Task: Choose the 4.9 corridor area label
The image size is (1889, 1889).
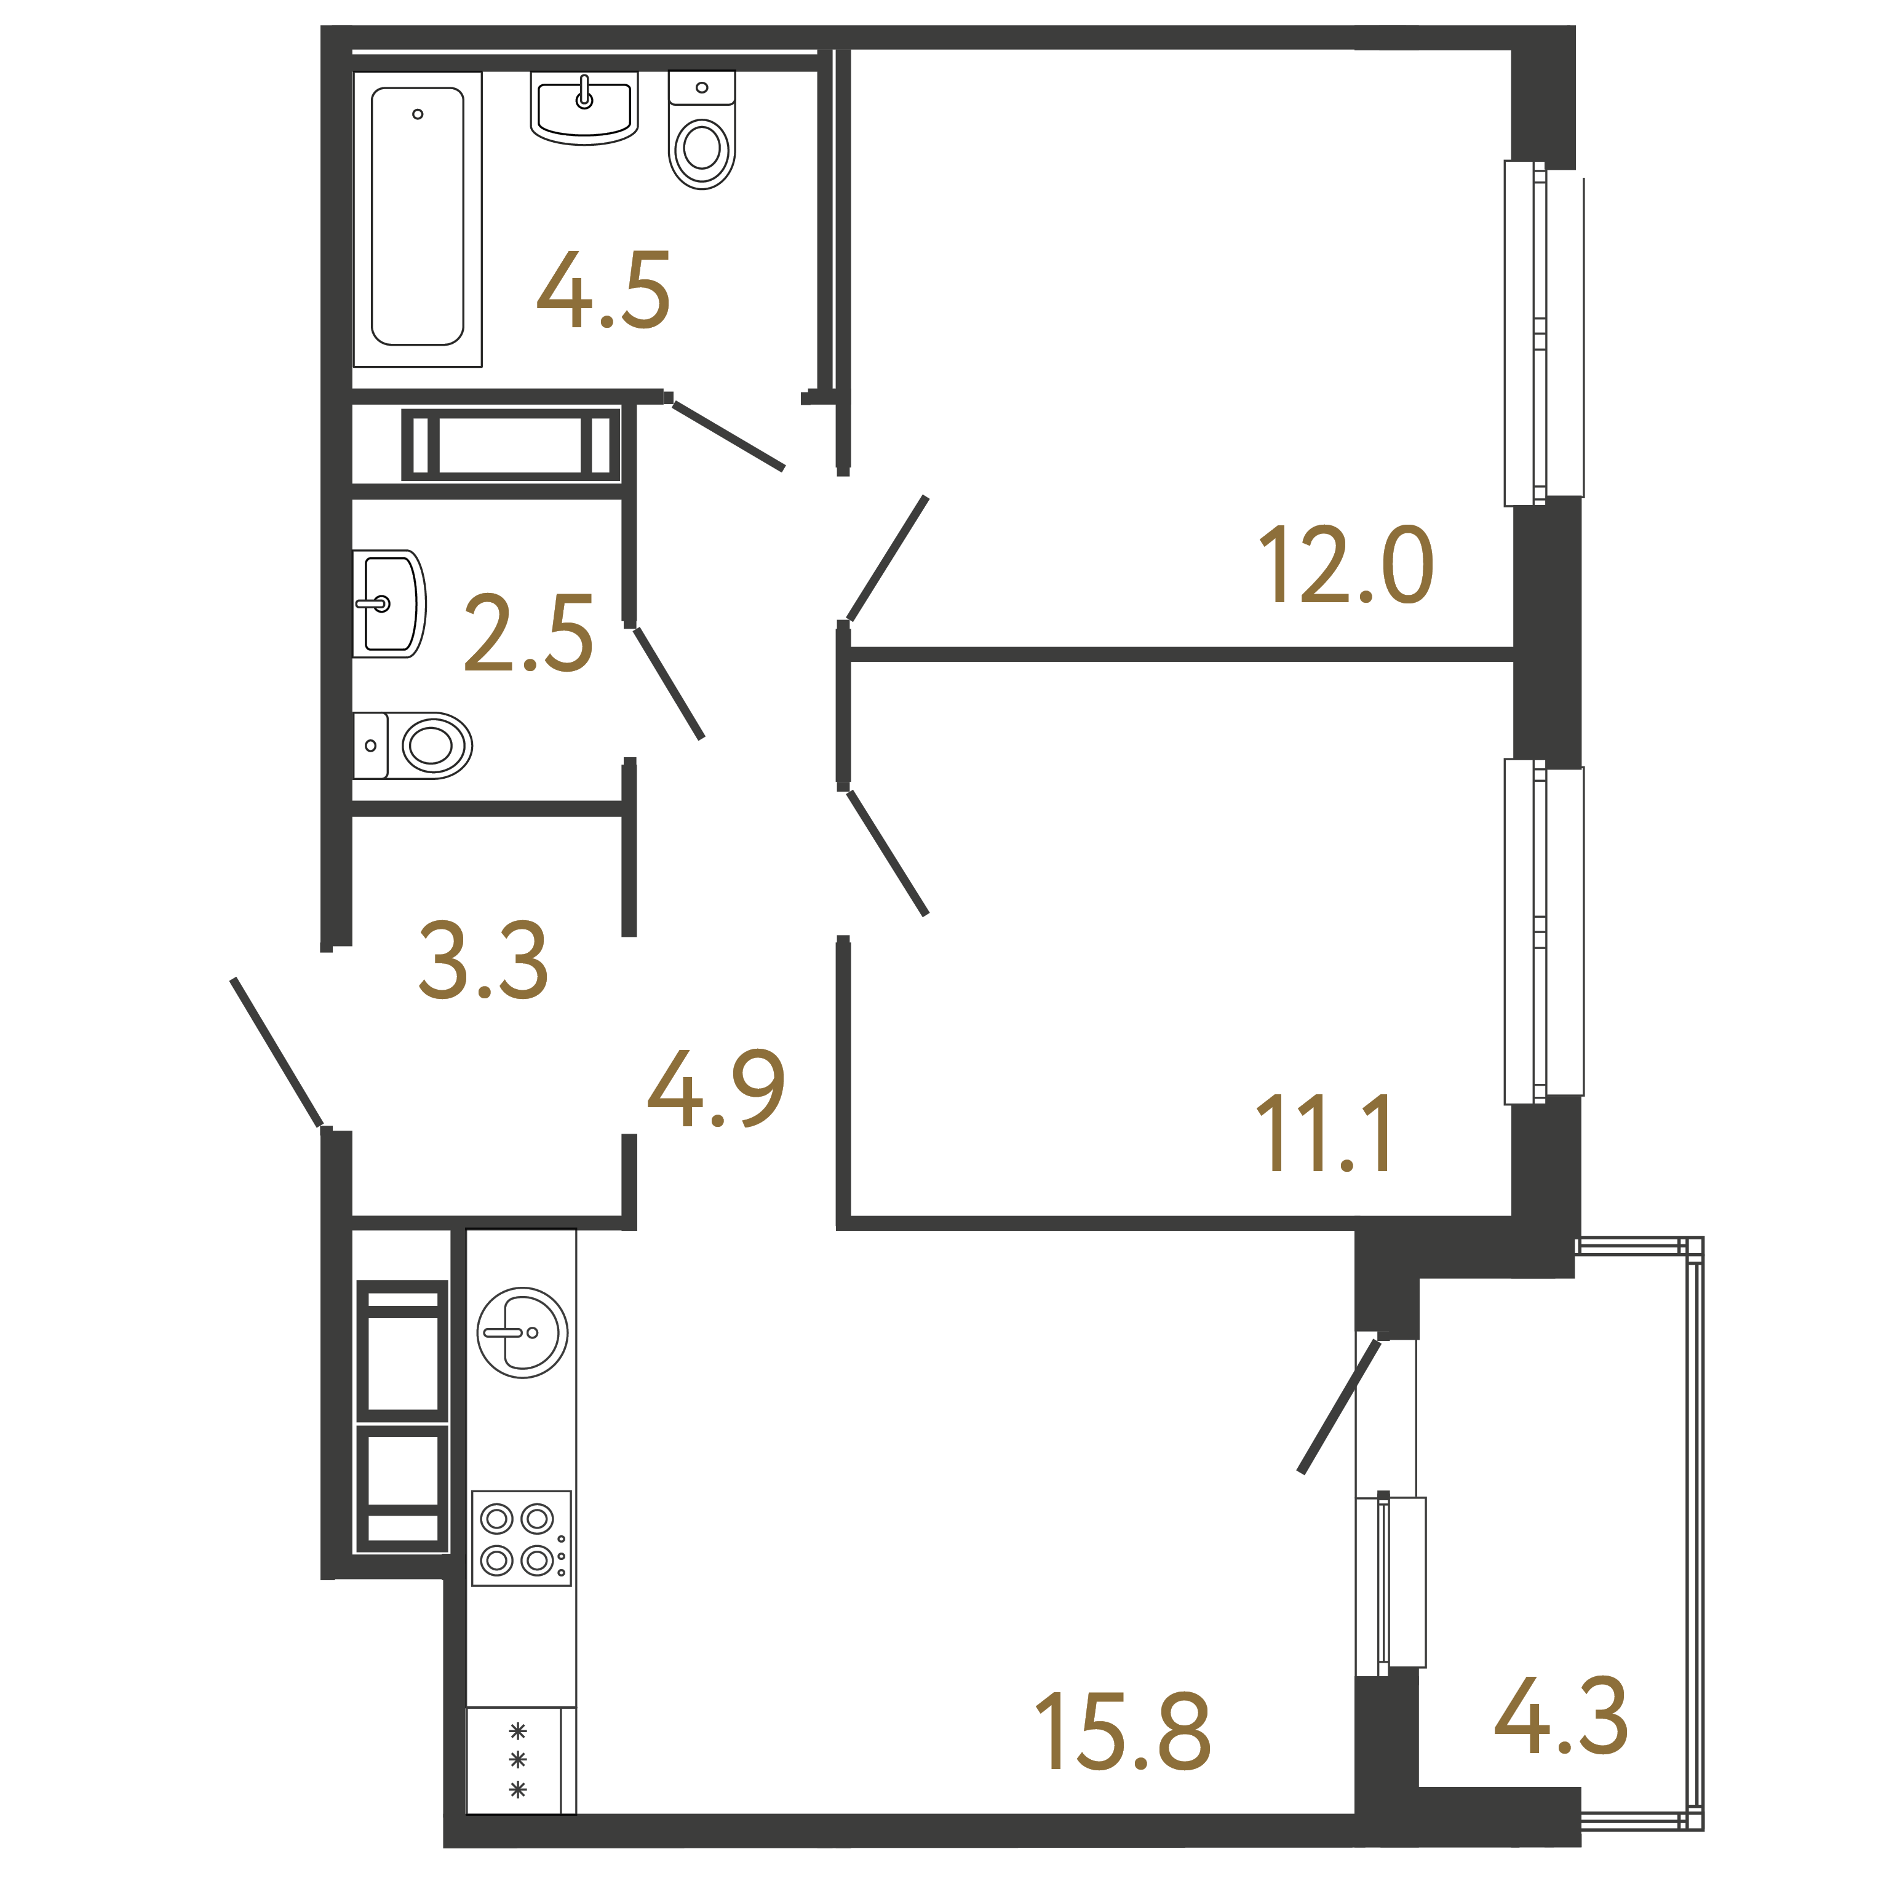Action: tap(717, 1088)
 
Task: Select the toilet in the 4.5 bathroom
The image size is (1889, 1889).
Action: tap(702, 130)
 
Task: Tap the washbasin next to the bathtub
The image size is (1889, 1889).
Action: tap(585, 108)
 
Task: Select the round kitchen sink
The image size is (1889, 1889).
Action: tap(523, 1333)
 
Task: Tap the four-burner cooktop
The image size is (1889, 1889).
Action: tap(521, 1538)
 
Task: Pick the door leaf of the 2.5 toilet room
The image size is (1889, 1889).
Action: tap(669, 683)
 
